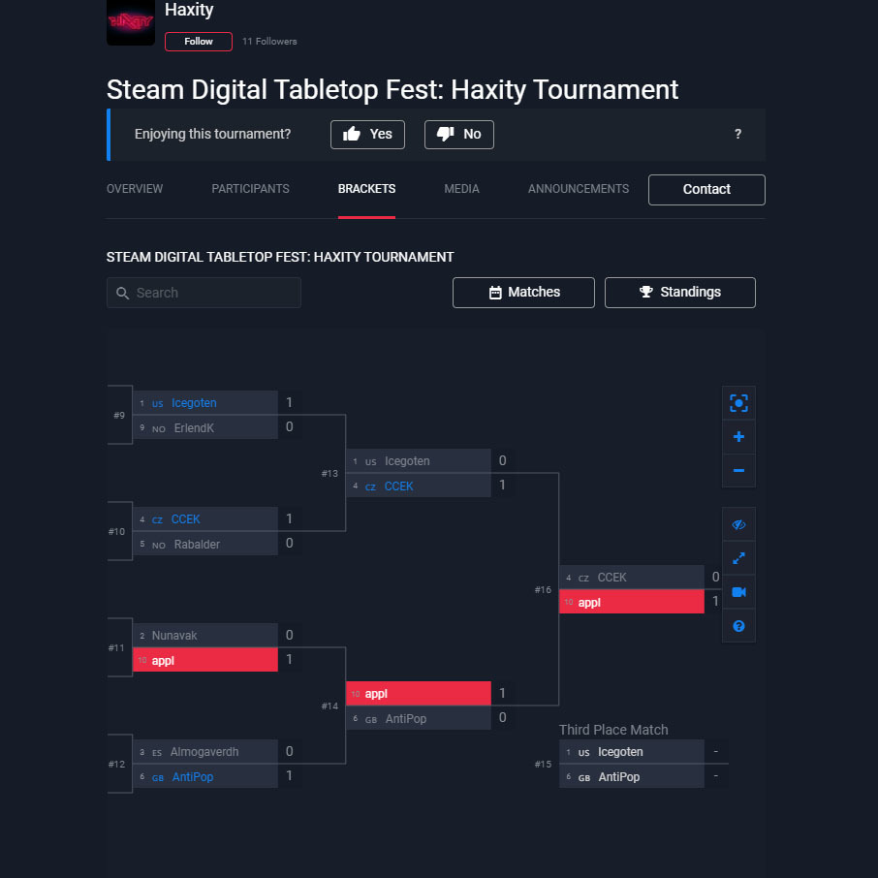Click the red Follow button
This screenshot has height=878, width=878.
pos(199,42)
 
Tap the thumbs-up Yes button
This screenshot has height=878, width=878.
pos(367,135)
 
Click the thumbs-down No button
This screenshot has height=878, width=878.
pos(459,135)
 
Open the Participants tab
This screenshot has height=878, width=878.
pos(250,189)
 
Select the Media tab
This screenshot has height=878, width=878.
pos(461,189)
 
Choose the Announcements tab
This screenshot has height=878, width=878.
pos(579,189)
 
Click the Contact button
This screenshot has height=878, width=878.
pos(706,190)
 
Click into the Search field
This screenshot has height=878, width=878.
pos(204,293)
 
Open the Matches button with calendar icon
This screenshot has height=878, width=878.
pos(523,293)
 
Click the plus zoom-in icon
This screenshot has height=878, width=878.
pos(738,437)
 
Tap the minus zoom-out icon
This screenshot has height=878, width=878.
pos(738,470)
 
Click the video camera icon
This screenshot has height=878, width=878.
pos(738,592)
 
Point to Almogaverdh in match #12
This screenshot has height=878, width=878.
pos(204,752)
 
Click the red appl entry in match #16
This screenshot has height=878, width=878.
pos(632,602)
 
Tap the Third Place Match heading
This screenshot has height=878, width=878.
pos(613,730)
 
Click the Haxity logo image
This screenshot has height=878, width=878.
pos(131,22)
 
